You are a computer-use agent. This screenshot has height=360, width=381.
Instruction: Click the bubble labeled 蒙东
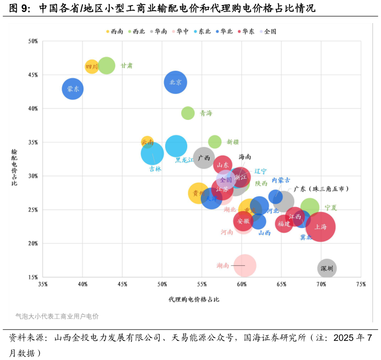[x=73, y=89]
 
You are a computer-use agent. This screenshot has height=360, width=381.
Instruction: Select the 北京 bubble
[x=175, y=82]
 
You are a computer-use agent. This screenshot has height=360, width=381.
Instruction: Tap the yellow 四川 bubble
[x=92, y=66]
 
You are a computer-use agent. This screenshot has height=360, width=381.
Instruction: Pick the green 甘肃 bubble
[x=106, y=65]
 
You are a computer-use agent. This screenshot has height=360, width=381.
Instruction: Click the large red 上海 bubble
[x=320, y=227]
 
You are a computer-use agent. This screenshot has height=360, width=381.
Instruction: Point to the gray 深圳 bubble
[x=327, y=269]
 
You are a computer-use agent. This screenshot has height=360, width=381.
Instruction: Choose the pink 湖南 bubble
[x=245, y=266]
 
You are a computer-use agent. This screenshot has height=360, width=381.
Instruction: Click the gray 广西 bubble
[x=204, y=158]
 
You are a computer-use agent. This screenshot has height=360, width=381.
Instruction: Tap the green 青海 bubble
[x=188, y=113]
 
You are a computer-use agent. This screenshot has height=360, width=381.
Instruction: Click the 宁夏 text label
[x=331, y=208]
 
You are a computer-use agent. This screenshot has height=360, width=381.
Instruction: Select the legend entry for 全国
[x=268, y=32]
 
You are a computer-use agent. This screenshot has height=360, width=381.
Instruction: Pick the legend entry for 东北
[x=202, y=32]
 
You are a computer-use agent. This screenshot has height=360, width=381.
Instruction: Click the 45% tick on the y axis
[x=33, y=75]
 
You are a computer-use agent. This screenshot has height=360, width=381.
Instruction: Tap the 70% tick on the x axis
[x=321, y=284]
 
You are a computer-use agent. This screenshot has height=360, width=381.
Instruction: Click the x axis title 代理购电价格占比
[x=194, y=299]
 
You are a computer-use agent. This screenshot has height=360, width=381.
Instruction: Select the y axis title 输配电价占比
[x=14, y=167]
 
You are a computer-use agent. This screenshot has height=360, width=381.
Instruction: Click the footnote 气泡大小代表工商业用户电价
[x=57, y=316]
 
